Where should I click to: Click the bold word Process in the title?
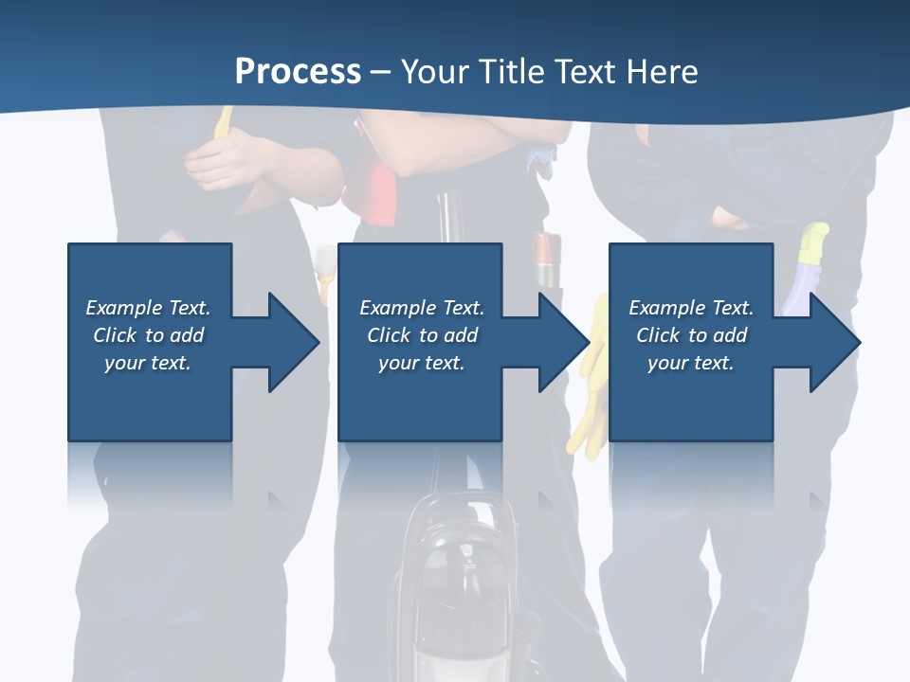[x=298, y=71]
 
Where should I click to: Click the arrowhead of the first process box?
[x=294, y=342]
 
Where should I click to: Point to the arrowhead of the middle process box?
[x=564, y=342]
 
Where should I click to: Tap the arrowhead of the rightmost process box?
[x=834, y=342]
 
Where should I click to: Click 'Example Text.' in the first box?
[x=148, y=308]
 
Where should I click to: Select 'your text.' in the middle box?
[x=421, y=363]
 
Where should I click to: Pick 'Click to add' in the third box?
[x=691, y=335]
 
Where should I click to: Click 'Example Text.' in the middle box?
[x=421, y=308]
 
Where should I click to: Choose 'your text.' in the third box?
[x=691, y=363]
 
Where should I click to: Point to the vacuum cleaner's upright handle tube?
[x=448, y=218]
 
